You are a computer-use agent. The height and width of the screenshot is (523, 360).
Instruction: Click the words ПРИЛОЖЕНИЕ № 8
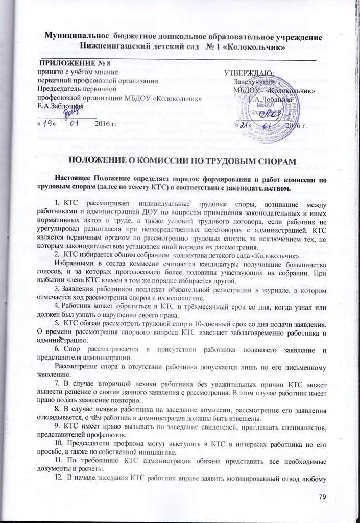click(x=69, y=64)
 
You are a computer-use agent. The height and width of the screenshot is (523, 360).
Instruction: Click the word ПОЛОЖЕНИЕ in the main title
click(x=97, y=161)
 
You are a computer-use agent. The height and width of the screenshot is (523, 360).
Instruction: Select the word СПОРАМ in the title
click(x=275, y=161)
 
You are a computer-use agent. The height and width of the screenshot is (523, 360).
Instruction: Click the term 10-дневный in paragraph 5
click(x=211, y=325)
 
